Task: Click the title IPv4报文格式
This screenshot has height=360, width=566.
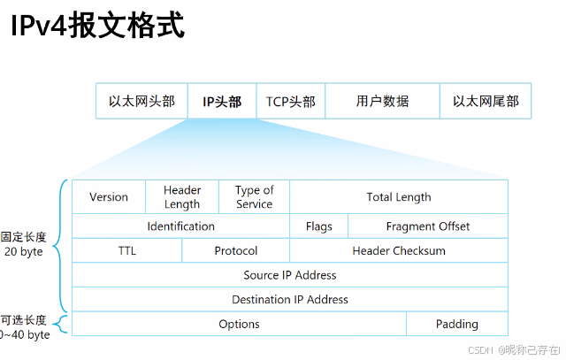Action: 97,24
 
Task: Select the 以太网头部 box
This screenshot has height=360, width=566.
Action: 141,102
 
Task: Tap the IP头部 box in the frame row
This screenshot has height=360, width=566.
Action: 221,102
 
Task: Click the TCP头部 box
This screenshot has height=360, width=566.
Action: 290,102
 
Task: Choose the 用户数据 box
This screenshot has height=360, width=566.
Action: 382,102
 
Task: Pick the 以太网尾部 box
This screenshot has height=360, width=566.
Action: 486,102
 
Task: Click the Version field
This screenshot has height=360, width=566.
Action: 109,197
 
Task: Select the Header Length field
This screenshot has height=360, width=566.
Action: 182,197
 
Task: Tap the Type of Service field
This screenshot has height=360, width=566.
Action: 254,197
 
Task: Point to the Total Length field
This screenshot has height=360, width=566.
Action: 399,197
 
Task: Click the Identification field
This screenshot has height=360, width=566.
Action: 180,226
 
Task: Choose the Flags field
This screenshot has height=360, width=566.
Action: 318,226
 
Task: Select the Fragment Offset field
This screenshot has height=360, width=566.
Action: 428,226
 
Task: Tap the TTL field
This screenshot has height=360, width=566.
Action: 126,251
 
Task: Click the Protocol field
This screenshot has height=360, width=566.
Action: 236,251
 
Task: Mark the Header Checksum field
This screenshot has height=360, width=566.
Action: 399,251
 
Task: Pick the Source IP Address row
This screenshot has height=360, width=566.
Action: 290,275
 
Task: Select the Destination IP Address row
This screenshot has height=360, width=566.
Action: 290,300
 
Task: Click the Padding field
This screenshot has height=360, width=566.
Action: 457,325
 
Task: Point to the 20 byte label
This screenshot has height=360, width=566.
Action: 25,251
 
